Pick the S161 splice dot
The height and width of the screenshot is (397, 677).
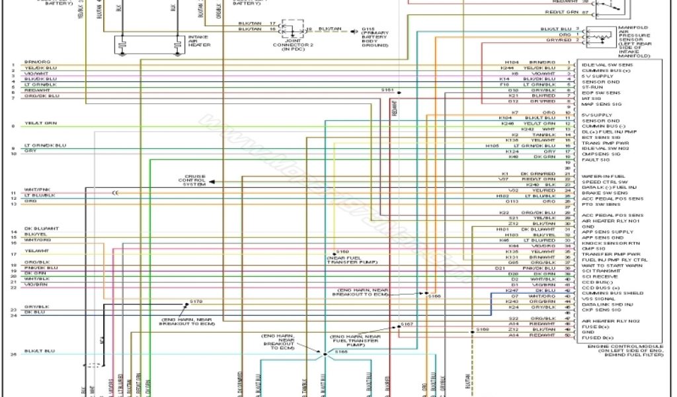(x=400, y=91)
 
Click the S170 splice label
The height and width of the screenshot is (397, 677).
(x=196, y=302)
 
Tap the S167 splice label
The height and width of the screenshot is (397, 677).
(x=407, y=324)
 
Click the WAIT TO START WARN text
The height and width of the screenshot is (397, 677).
(x=608, y=265)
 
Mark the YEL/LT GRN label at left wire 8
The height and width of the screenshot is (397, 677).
(x=41, y=123)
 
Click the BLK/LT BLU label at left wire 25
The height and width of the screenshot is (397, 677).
(x=40, y=351)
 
